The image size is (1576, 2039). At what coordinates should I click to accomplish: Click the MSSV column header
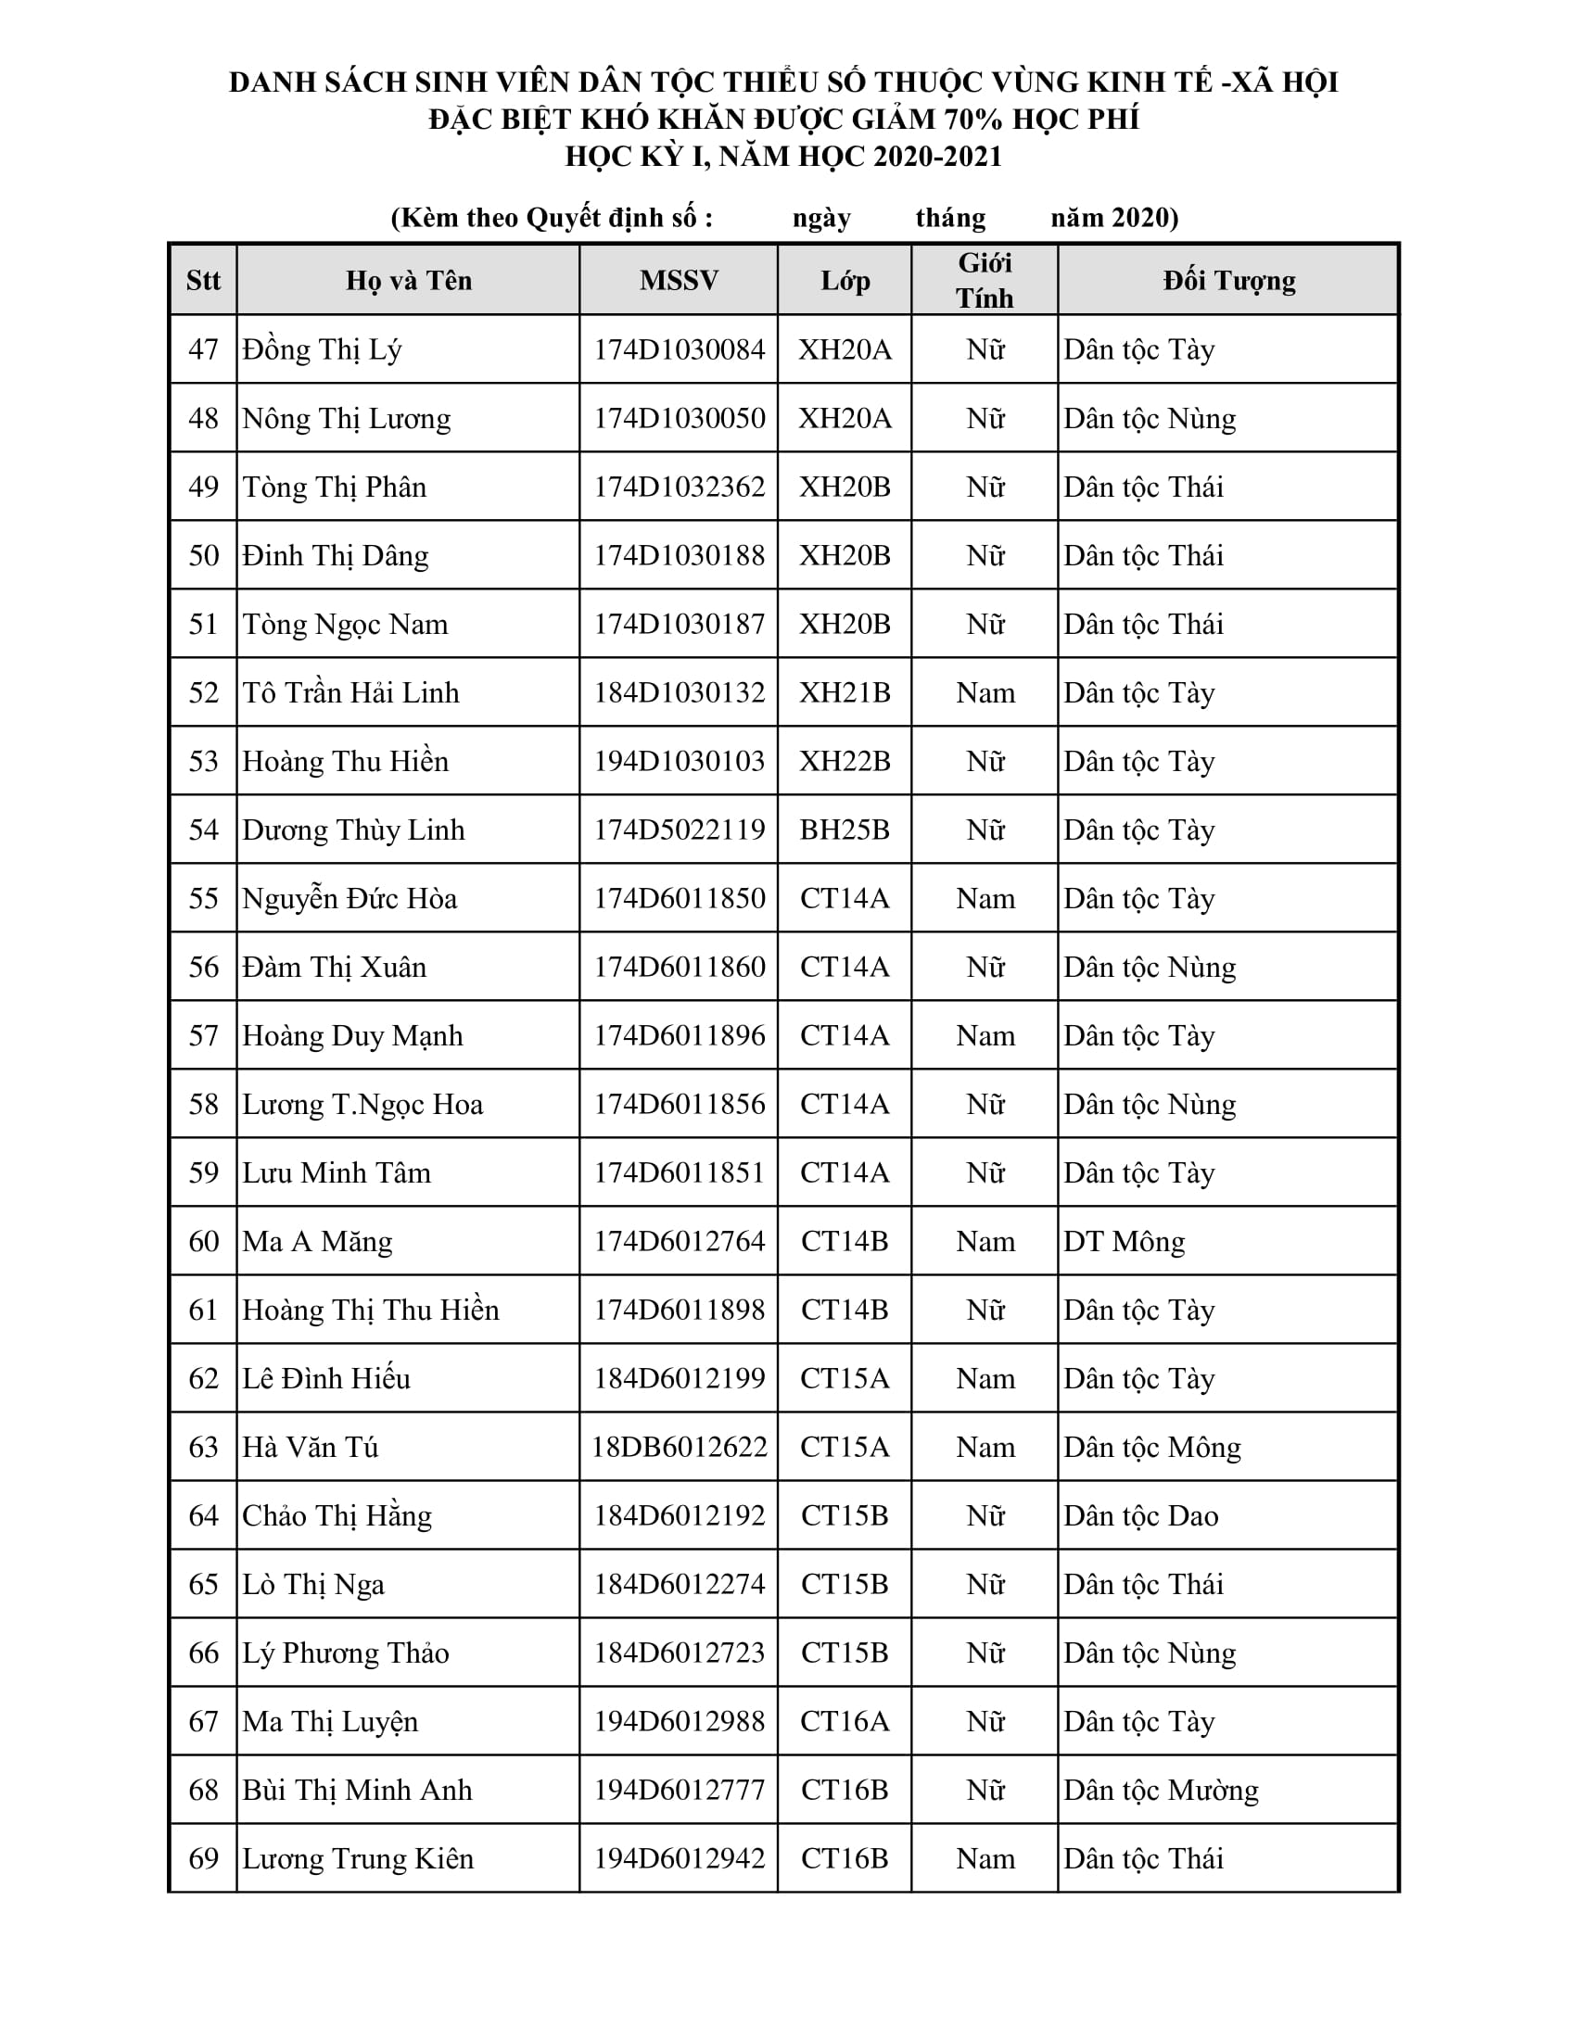point(679,280)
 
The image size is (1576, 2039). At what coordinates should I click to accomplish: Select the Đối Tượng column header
point(1228,280)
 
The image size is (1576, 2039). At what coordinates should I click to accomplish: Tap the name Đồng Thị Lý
point(322,349)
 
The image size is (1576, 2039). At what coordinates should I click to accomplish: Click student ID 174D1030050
point(679,418)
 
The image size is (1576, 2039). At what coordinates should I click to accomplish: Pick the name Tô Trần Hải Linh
point(351,692)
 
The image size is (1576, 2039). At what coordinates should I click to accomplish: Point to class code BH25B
point(844,830)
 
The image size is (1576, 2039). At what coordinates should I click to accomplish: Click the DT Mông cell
point(1125,1242)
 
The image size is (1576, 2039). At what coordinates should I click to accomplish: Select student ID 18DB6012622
point(679,1447)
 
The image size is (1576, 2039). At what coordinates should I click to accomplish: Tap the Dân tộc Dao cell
point(1141,1515)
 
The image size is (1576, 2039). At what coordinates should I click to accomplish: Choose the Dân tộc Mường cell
point(1161,1790)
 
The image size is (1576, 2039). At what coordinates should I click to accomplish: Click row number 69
point(204,1858)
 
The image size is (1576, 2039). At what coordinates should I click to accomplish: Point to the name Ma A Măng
point(317,1242)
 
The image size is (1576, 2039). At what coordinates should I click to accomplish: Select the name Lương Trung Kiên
point(358,1858)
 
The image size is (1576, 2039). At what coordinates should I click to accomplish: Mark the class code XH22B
point(844,761)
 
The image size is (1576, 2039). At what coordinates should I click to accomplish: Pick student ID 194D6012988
point(679,1721)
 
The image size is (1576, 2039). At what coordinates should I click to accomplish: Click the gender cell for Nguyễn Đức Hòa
point(985,898)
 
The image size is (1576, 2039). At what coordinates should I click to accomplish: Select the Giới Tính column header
point(985,280)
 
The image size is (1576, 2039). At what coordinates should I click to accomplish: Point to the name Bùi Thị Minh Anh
point(358,1790)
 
